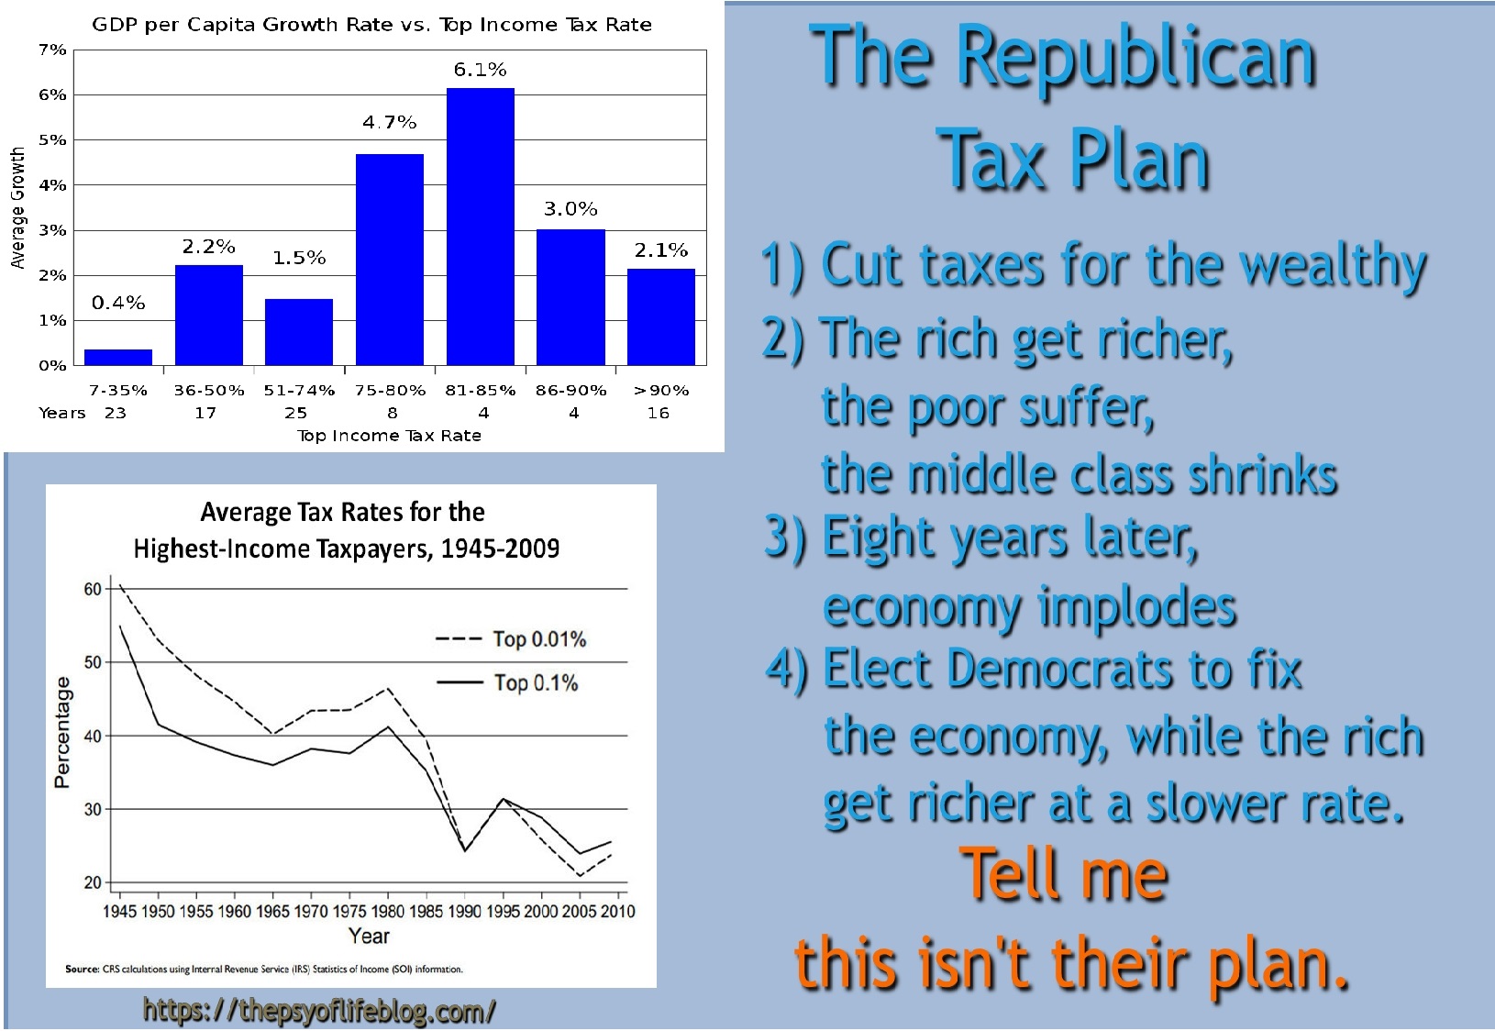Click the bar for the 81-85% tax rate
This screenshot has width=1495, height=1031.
coord(480,227)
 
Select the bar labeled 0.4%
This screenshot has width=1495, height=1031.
coord(118,357)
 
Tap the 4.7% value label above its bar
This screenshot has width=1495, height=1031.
coord(389,123)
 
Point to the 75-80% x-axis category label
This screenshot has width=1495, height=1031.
coord(390,390)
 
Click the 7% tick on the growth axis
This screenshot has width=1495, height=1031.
coord(52,50)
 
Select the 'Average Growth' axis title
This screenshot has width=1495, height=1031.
coord(17,208)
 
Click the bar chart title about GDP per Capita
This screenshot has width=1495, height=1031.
coord(371,25)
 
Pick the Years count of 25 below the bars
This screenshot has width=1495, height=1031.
coord(295,413)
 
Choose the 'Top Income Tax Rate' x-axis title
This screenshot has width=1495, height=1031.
coord(389,436)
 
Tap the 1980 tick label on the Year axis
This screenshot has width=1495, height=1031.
coord(388,911)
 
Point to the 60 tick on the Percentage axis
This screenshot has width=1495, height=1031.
coord(93,589)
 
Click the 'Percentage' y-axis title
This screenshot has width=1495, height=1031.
coord(62,733)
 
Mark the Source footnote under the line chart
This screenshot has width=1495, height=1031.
coord(264,969)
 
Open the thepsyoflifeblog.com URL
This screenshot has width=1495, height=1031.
coord(319,1011)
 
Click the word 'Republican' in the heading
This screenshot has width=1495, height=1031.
coord(1136,59)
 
